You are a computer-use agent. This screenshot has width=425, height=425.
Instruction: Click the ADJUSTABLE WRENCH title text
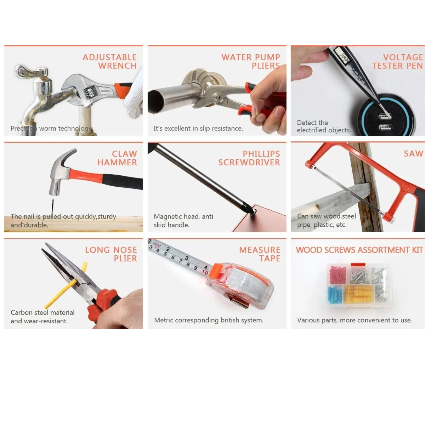(x=109, y=62)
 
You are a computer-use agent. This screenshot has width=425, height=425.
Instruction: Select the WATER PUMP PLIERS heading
(x=250, y=62)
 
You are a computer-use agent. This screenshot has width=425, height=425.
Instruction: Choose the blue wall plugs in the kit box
(x=335, y=295)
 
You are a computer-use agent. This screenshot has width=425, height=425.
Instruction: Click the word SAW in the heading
(x=413, y=154)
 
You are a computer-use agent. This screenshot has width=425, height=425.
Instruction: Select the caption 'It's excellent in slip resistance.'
(x=198, y=129)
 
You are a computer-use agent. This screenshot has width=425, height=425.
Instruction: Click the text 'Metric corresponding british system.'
(x=209, y=320)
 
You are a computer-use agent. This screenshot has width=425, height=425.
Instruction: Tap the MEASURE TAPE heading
(x=260, y=254)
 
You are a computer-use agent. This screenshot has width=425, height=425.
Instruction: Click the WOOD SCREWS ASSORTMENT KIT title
(x=359, y=250)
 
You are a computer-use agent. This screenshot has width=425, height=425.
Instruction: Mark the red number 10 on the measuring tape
(x=205, y=272)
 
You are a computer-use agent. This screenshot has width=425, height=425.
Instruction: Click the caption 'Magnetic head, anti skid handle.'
(x=183, y=221)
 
